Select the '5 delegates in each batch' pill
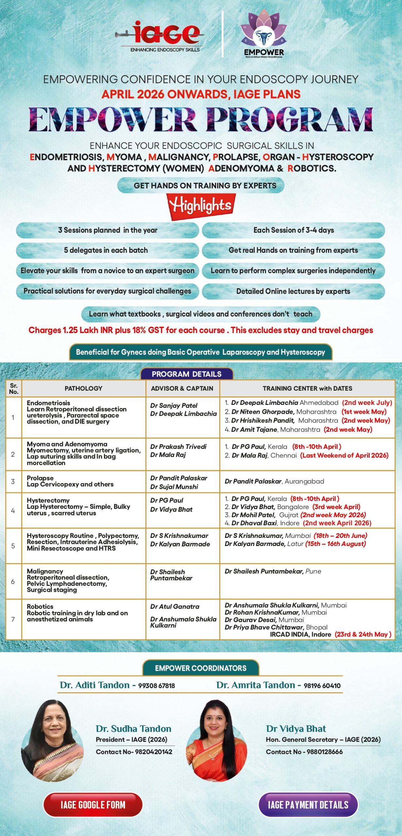[x=107, y=250]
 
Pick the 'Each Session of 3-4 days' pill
[x=293, y=230]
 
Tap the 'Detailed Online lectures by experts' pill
[x=293, y=291]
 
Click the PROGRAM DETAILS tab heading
[x=187, y=374]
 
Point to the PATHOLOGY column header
[x=83, y=388]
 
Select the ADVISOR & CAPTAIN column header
[x=182, y=388]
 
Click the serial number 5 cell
[x=13, y=546]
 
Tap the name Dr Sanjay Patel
[x=174, y=406]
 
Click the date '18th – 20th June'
[x=340, y=536]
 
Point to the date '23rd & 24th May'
[x=363, y=634]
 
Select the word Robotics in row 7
[x=40, y=606]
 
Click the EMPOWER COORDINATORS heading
[x=201, y=668]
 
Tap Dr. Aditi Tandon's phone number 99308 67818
[x=157, y=685]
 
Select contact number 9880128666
[x=325, y=752]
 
